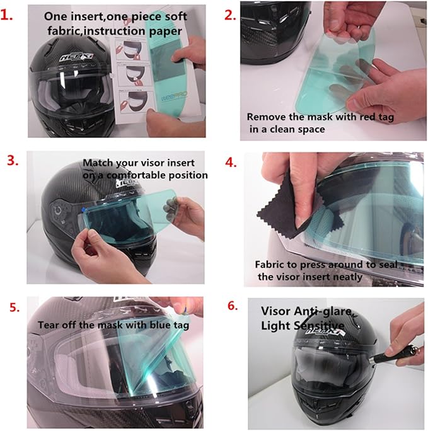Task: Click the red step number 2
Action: (x=230, y=15)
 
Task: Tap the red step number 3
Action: (x=13, y=161)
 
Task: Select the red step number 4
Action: (x=231, y=162)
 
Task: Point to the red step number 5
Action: (x=14, y=307)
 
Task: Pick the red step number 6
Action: (x=233, y=306)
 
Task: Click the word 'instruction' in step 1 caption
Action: (x=115, y=30)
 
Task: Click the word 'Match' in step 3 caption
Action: (x=98, y=163)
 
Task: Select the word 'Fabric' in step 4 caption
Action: (x=270, y=265)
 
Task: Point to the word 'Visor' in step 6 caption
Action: (x=275, y=311)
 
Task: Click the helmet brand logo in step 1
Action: (x=77, y=57)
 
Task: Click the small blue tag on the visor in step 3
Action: (x=82, y=210)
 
